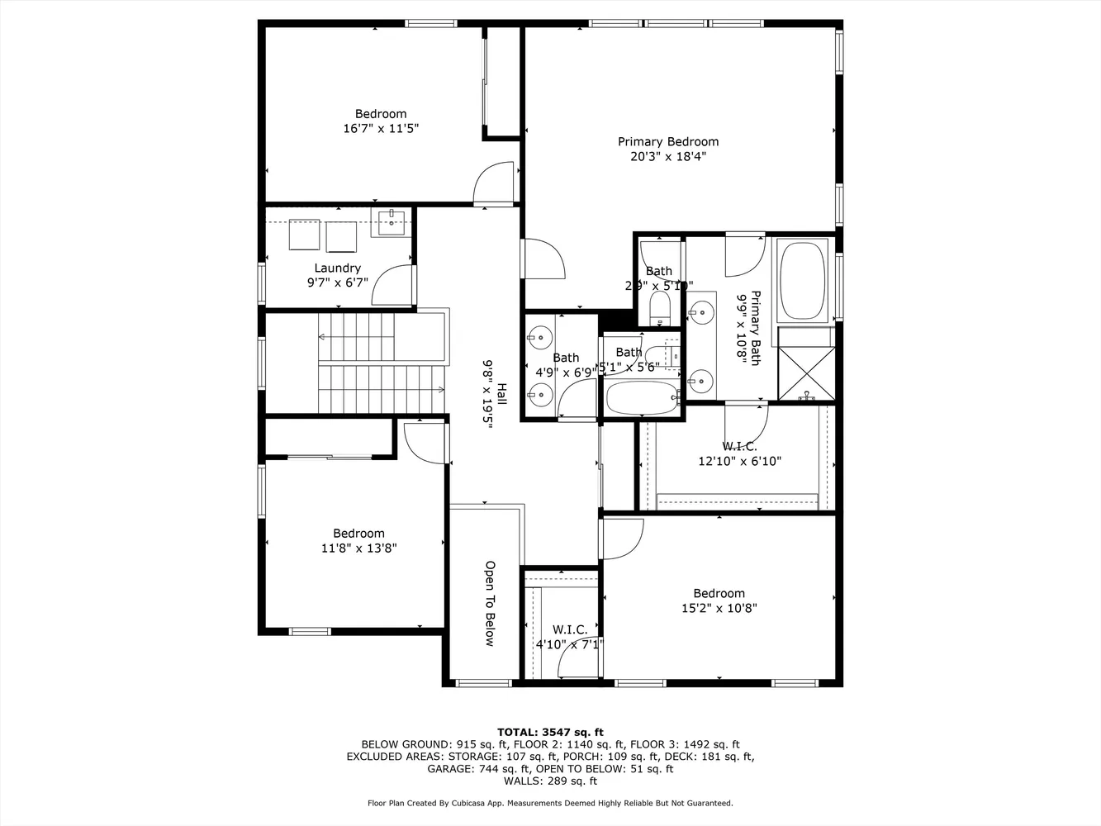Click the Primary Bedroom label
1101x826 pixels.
point(667,141)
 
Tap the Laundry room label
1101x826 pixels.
point(337,268)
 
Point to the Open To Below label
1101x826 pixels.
point(489,604)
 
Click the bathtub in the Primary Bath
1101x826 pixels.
point(802,280)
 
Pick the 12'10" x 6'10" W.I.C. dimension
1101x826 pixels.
point(739,462)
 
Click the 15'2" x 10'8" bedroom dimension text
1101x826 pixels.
point(719,608)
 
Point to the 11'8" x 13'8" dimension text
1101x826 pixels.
point(358,548)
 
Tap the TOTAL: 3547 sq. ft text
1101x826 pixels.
point(550,732)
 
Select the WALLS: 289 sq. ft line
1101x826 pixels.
point(550,781)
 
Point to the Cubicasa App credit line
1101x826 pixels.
point(550,803)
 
